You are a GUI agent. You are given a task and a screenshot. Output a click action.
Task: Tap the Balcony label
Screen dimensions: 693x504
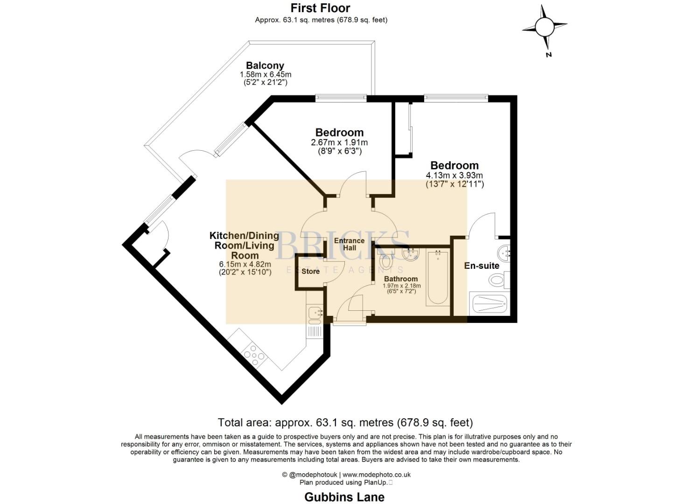click(265, 66)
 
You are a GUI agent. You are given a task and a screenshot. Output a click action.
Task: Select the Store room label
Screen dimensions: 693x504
click(310, 271)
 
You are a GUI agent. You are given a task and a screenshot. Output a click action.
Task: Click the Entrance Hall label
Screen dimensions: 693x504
click(349, 244)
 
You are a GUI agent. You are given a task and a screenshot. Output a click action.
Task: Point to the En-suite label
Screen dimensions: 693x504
click(482, 266)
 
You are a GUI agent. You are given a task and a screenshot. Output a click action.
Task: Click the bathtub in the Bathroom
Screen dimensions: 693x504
click(437, 278)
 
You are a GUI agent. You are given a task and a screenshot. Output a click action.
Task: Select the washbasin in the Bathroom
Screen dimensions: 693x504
click(411, 254)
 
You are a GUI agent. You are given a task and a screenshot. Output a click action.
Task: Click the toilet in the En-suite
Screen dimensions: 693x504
click(499, 280)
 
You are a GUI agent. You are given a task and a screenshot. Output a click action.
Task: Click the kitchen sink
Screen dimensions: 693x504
click(315, 315)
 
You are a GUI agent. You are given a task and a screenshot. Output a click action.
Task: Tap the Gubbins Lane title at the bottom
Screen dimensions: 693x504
click(344, 497)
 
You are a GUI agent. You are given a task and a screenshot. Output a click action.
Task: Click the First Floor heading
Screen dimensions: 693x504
click(321, 8)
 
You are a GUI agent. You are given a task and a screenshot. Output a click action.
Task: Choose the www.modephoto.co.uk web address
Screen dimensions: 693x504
click(377, 475)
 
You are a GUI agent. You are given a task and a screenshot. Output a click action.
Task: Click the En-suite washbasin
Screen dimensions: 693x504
click(504, 254)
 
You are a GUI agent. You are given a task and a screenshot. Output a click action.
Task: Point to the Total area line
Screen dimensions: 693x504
click(346, 422)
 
